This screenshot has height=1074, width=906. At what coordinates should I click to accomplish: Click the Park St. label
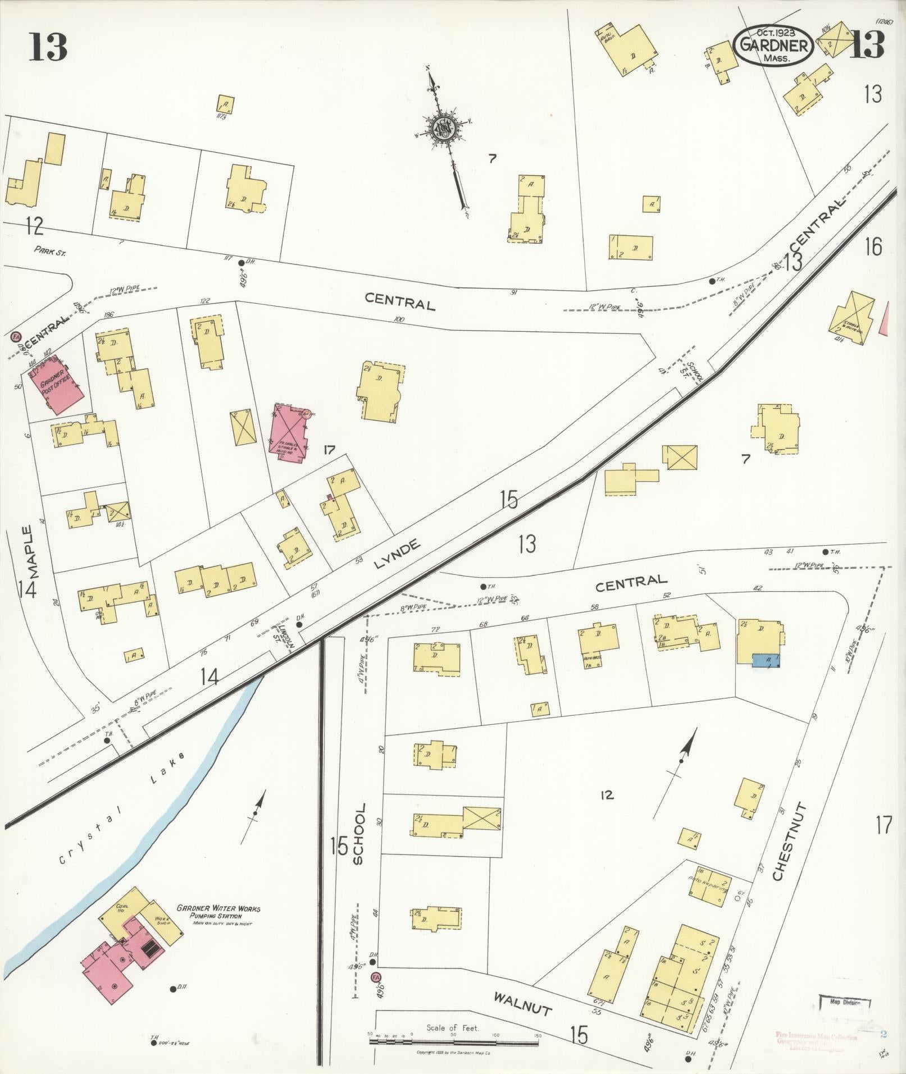49,253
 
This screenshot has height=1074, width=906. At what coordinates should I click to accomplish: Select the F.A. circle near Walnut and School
376,977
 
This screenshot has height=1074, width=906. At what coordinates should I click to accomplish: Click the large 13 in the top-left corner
48,47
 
